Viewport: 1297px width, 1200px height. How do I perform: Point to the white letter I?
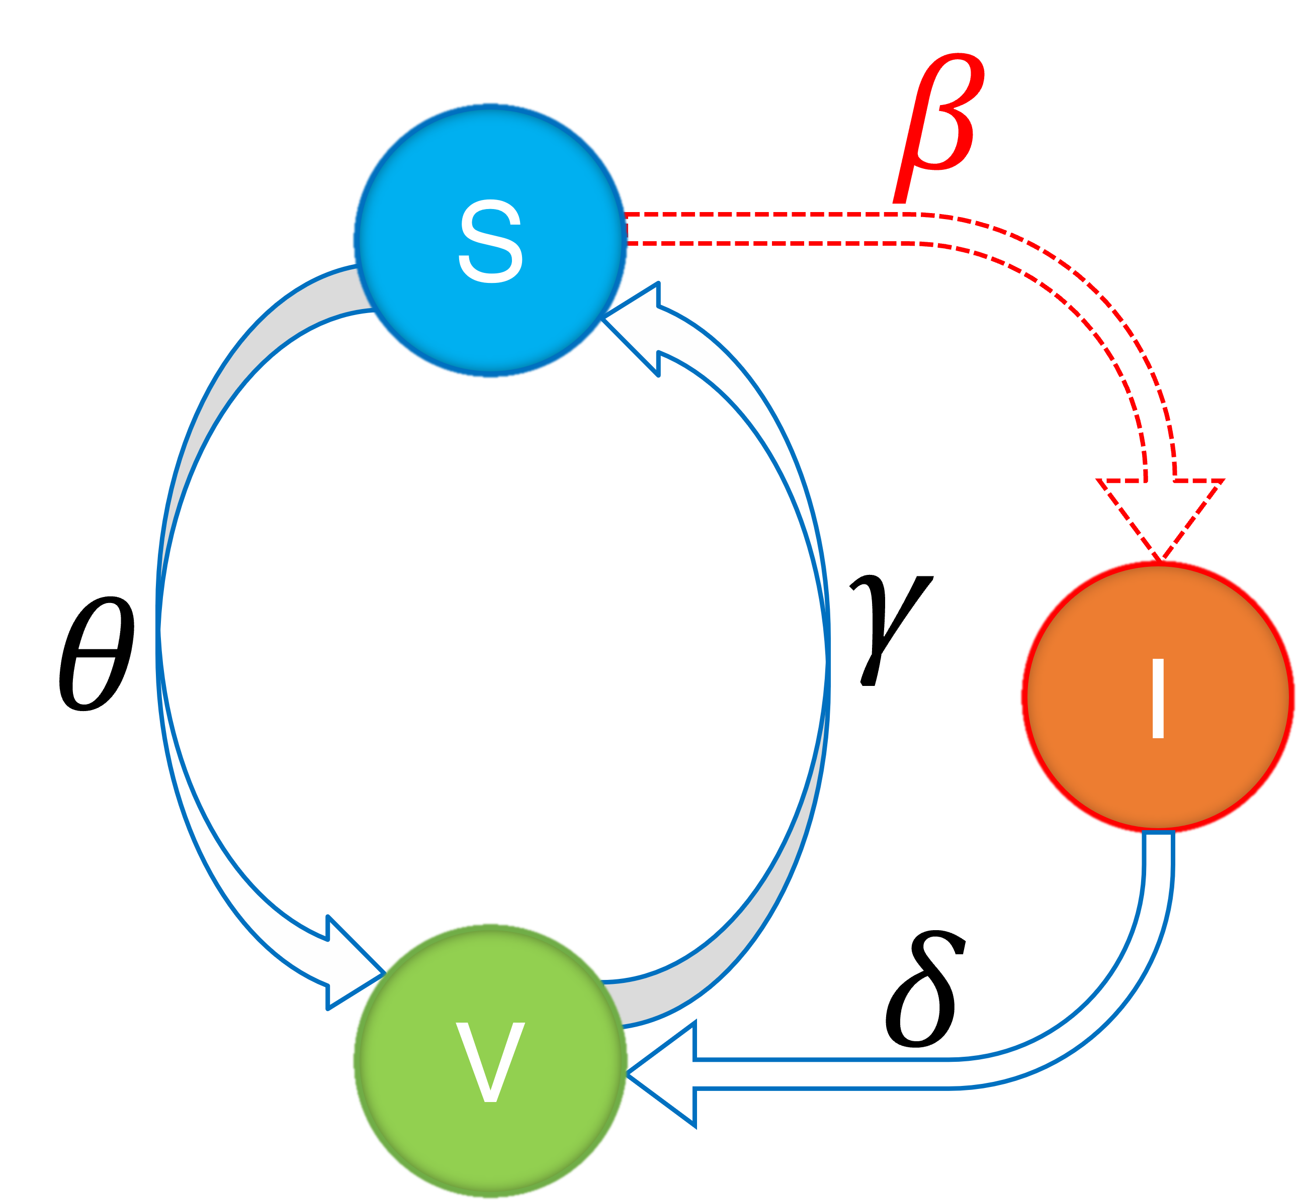(x=1157, y=698)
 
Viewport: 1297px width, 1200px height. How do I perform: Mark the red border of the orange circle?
(x=1023, y=698)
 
